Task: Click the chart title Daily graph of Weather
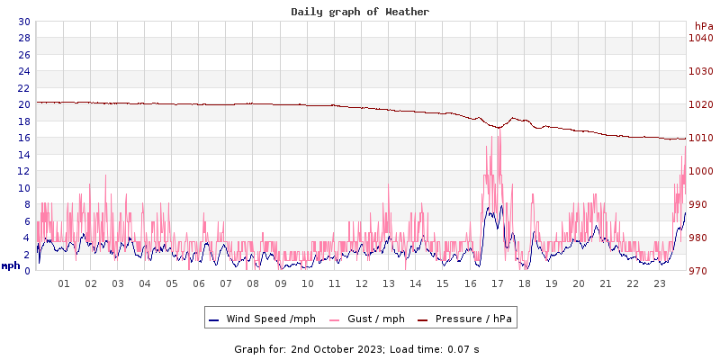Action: pos(360,12)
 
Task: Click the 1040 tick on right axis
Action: pos(700,38)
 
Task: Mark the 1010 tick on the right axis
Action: pos(700,138)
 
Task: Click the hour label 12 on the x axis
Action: pos(361,283)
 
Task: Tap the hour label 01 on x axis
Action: pos(63,283)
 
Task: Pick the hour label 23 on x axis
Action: pos(659,283)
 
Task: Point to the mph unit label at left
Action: pos(11,265)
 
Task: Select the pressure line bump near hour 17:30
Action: pos(513,118)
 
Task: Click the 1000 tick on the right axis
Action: pos(700,171)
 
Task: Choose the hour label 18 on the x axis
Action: pos(524,283)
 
